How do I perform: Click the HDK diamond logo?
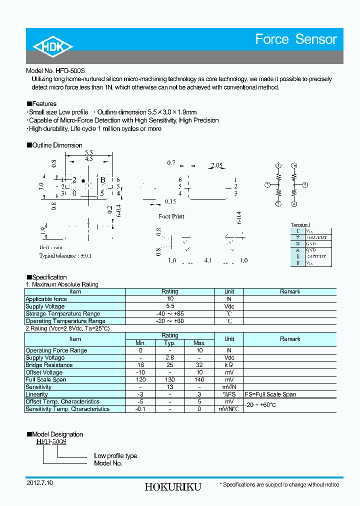[52, 46]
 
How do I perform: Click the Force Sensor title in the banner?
[296, 39]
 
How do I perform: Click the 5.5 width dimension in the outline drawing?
[89, 152]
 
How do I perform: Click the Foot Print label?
[171, 216]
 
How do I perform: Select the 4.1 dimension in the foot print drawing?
[208, 260]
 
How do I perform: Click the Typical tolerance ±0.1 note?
[65, 255]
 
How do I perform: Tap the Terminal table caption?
[300, 225]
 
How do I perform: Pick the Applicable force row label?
[46, 299]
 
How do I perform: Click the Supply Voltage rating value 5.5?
[169, 306]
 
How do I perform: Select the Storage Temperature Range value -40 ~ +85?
[169, 314]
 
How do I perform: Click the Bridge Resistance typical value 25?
[169, 365]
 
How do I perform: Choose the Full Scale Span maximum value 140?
[199, 379]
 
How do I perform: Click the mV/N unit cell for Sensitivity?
[229, 387]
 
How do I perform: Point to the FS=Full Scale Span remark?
[270, 394]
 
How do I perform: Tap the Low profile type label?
[115, 456]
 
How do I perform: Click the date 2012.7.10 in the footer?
[39, 483]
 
